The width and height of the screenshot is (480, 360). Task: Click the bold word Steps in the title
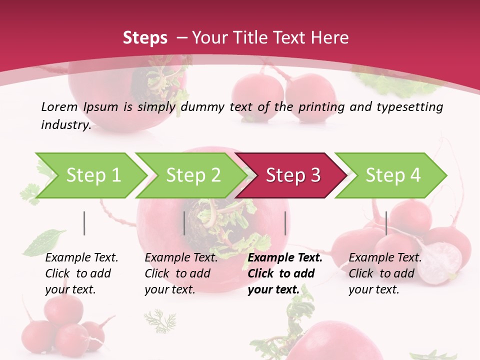(145, 37)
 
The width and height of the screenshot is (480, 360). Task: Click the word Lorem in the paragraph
(59, 106)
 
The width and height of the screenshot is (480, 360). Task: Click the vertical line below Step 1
(84, 223)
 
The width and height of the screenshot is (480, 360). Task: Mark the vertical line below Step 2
(184, 223)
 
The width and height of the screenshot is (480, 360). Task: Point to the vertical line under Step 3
(285, 223)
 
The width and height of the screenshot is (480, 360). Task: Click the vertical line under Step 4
(386, 223)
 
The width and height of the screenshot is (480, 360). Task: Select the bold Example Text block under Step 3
(284, 273)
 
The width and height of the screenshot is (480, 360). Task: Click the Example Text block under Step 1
(81, 273)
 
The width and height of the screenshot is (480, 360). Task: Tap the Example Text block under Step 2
(181, 273)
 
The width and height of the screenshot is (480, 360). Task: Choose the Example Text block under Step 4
(385, 273)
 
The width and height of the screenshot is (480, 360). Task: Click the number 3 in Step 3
(315, 175)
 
